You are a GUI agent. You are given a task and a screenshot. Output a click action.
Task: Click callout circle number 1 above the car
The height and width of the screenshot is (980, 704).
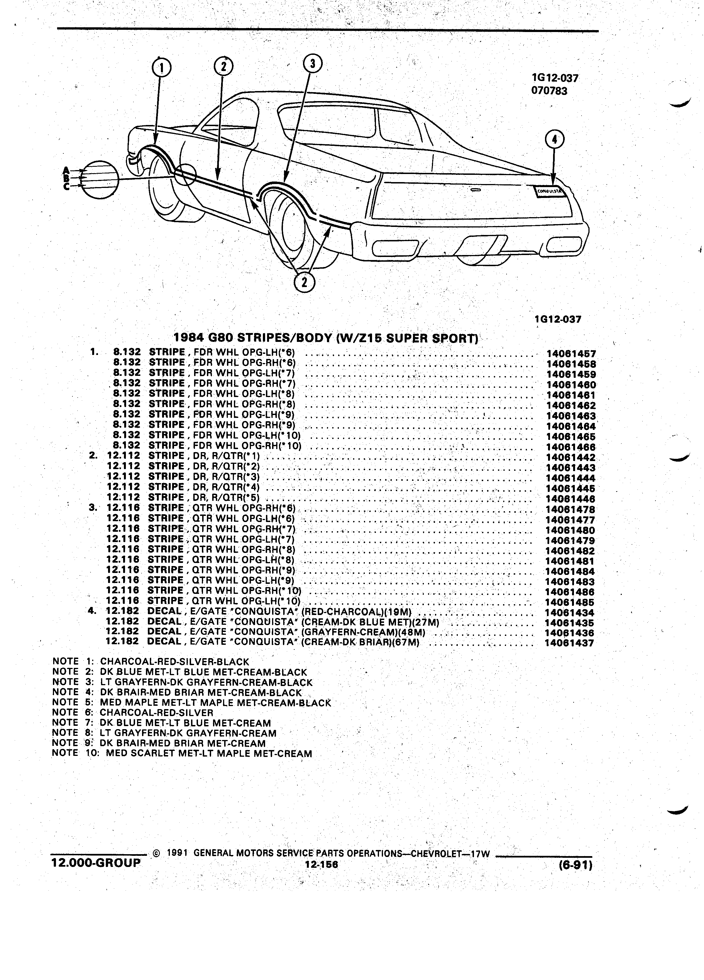[x=161, y=68]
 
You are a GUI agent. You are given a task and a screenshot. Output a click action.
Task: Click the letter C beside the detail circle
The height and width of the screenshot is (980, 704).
[x=66, y=186]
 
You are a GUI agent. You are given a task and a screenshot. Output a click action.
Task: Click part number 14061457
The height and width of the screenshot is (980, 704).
[x=571, y=354]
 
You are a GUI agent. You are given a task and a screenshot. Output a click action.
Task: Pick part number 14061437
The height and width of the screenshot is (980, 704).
[x=569, y=643]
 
